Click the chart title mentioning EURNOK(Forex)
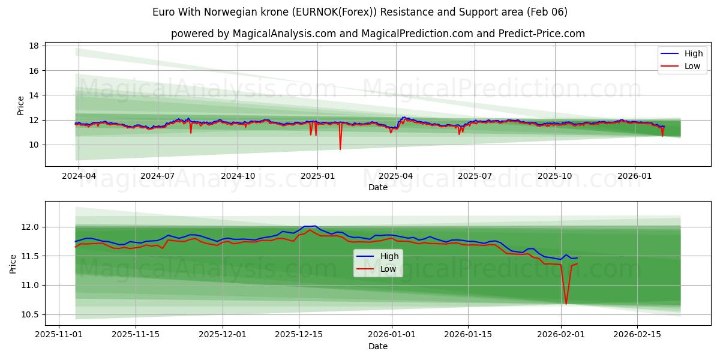tap(360, 12)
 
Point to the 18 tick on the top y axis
tap(34, 46)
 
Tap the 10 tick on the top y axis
tap(34, 145)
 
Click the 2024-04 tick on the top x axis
tap(79, 176)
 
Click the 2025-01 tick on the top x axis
tap(317, 176)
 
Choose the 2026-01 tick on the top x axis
tap(634, 176)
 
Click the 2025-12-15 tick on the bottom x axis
tap(299, 335)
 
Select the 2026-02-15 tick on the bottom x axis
tap(637, 335)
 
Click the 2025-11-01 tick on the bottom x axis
tap(59, 335)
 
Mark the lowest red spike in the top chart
tap(340, 149)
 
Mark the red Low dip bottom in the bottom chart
tap(566, 304)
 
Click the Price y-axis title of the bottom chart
tap(13, 263)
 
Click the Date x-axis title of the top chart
tap(378, 187)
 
